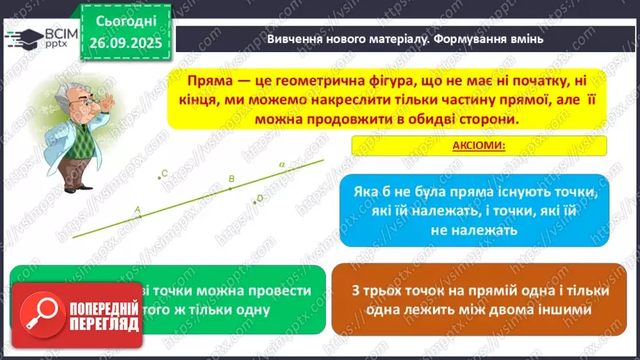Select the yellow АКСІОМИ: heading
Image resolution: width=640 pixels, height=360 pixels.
[479, 146]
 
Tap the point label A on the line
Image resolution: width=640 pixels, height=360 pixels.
[137, 208]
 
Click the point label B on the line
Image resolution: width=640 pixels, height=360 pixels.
[231, 179]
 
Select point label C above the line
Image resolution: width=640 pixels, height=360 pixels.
[164, 173]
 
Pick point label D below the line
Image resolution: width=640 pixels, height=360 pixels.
[260, 198]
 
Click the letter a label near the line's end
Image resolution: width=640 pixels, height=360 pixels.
[282, 164]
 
